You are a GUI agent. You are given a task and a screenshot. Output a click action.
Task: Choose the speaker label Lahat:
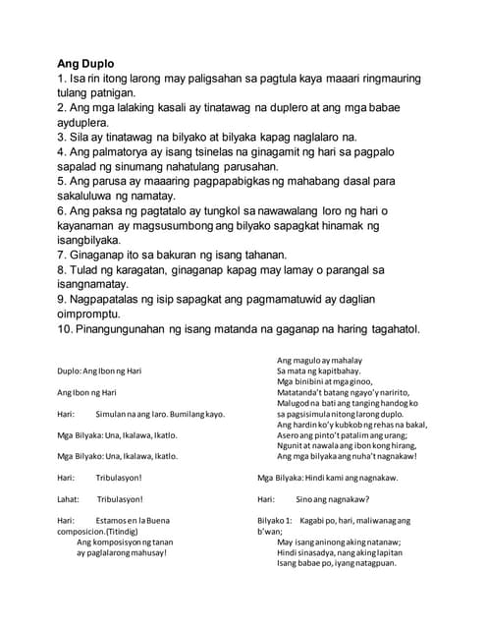[x=68, y=499]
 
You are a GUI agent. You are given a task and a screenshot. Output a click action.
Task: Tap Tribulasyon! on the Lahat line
[x=120, y=499]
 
